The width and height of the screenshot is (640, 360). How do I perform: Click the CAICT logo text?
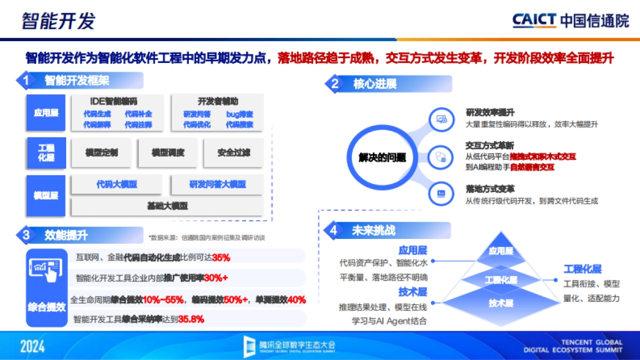[535, 21]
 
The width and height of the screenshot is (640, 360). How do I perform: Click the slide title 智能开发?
[59, 21]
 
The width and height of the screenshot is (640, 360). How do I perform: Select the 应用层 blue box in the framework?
[46, 113]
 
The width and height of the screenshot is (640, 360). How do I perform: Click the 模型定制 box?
[101, 153]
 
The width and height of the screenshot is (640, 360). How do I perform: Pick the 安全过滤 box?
[233, 153]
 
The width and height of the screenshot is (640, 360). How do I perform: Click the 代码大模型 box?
[117, 185]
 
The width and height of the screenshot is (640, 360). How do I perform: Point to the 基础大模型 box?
[167, 206]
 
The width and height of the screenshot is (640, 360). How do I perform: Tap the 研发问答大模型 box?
[217, 185]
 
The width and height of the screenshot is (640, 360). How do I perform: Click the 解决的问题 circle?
[382, 157]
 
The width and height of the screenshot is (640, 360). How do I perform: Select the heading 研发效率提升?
[490, 113]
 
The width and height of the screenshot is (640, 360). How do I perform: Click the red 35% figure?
[221, 258]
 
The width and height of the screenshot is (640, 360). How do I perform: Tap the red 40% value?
[296, 300]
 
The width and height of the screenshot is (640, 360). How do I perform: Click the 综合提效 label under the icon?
[46, 307]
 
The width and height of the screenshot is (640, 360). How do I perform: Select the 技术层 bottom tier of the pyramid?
[501, 303]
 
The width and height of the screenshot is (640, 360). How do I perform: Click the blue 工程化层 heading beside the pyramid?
[582, 269]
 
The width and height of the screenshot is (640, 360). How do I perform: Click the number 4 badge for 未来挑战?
[334, 230]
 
